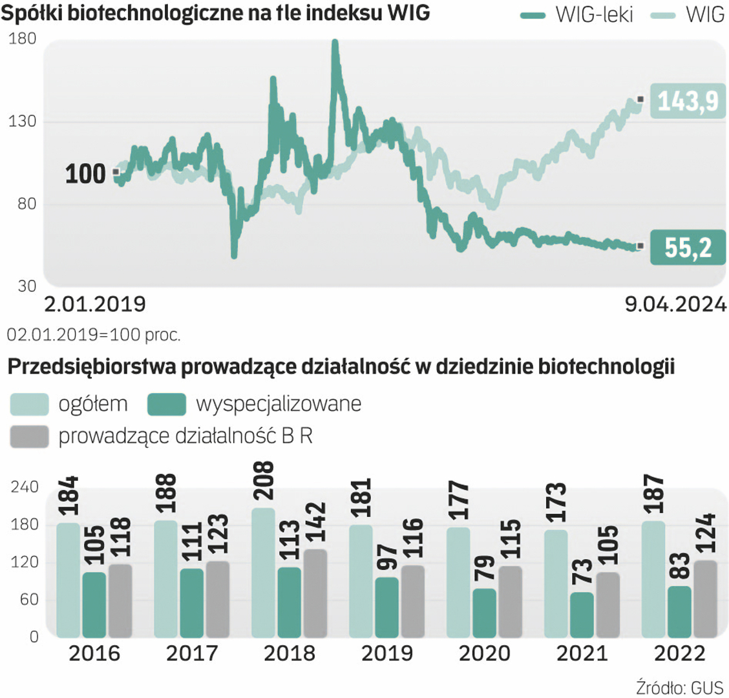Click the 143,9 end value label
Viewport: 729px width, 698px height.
click(x=688, y=101)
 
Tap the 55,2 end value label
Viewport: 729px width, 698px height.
click(x=688, y=248)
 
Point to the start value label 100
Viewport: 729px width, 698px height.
click(x=85, y=174)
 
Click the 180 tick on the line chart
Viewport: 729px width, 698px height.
click(x=23, y=39)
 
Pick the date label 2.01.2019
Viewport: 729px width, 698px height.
click(x=95, y=304)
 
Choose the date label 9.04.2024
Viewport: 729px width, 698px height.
click(x=675, y=304)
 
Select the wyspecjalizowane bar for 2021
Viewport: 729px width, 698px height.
click(x=582, y=615)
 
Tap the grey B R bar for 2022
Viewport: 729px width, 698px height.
click(x=705, y=598)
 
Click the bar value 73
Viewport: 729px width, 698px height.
click(x=582, y=571)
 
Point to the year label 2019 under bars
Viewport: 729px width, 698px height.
click(x=387, y=653)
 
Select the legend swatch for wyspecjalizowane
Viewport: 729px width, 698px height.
click(x=166, y=405)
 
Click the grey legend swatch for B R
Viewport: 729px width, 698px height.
click(x=29, y=437)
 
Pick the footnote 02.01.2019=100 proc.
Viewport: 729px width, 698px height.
click(x=94, y=335)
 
